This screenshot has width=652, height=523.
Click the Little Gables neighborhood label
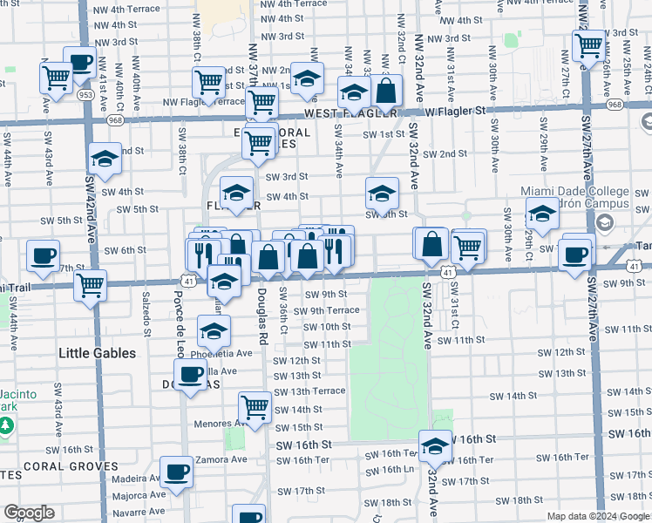pyautogui.click(x=97, y=353)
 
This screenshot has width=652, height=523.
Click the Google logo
pyautogui.click(x=29, y=513)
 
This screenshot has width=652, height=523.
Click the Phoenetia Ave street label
pyautogui.click(x=224, y=353)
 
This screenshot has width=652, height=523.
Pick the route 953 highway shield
pyautogui.click(x=87, y=93)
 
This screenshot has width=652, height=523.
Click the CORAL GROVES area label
pyautogui.click(x=71, y=466)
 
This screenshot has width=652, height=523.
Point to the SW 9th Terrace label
pyautogui.click(x=331, y=310)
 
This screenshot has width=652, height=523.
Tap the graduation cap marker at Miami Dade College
pyautogui.click(x=542, y=214)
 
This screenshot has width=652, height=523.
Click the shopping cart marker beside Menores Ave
pyautogui.click(x=255, y=407)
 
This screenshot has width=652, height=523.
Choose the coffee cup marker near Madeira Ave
pyautogui.click(x=176, y=472)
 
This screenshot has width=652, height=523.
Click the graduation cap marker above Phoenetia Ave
pyautogui.click(x=214, y=331)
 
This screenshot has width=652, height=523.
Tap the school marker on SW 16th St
pyautogui.click(x=434, y=447)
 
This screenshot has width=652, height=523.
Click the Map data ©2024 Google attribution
pyautogui.click(x=597, y=516)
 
